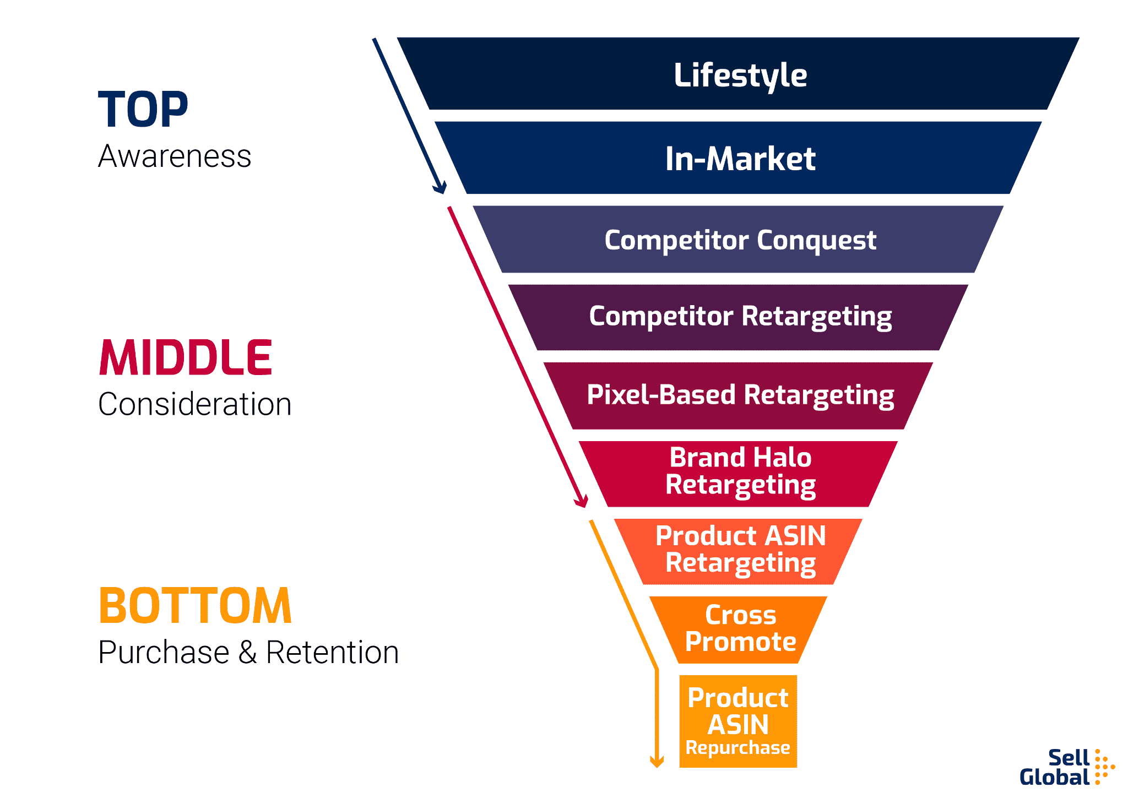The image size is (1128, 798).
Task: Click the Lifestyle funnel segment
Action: (738, 74)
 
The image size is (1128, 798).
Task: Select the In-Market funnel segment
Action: (738, 158)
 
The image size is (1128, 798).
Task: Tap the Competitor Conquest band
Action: (738, 240)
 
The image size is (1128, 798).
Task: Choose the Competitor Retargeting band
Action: (738, 318)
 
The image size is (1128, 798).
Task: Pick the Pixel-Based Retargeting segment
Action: (738, 396)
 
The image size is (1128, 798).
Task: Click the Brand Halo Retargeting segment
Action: (738, 474)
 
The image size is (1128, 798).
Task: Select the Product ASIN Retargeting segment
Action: (738, 552)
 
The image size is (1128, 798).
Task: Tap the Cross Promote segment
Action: (738, 630)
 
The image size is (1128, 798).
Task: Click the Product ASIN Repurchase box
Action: (738, 721)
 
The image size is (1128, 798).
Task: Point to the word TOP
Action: (143, 110)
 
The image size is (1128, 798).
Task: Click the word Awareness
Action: (175, 156)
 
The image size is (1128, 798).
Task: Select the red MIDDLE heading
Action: (186, 357)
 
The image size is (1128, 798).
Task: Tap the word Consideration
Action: (195, 404)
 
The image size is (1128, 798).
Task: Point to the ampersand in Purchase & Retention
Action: (248, 653)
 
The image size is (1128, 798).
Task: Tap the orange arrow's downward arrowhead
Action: (657, 762)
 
